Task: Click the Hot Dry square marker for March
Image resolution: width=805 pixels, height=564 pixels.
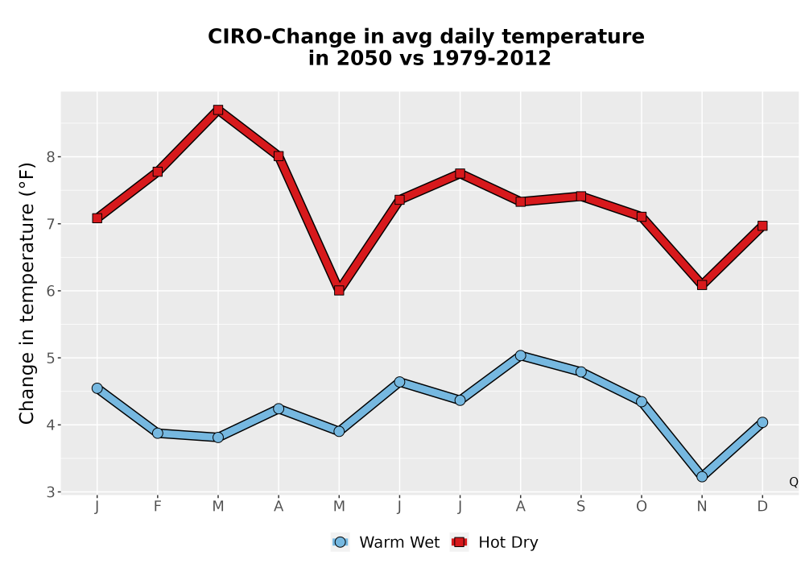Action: point(218,110)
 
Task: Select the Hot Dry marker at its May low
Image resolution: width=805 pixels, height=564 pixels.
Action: point(339,290)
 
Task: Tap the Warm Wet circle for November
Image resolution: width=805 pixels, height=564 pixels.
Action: point(702,477)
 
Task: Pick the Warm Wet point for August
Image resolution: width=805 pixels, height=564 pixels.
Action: point(521,355)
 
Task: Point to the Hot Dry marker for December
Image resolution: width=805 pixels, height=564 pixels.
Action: point(762,226)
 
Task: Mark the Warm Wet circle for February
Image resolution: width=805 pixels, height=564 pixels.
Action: point(158,433)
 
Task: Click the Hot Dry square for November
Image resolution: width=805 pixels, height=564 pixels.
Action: point(702,284)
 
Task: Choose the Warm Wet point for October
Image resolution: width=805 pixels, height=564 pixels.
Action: point(642,401)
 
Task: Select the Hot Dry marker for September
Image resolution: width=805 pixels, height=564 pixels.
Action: point(581,197)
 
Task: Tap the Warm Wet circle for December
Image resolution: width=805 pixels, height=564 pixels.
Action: point(762,422)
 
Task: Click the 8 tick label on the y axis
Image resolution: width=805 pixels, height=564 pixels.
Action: point(50,156)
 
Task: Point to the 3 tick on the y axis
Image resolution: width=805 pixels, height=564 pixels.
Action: point(50,492)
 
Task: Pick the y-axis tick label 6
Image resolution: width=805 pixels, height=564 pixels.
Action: point(50,291)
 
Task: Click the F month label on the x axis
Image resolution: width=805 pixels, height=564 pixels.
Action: point(158,507)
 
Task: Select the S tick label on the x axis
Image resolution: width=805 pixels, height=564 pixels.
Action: point(581,507)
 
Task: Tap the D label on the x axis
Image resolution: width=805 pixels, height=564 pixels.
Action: point(762,507)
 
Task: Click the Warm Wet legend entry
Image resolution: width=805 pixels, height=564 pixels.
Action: point(386,542)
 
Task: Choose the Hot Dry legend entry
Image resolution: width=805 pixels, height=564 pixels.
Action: point(494,542)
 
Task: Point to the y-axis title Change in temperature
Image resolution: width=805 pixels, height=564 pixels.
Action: point(27,293)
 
